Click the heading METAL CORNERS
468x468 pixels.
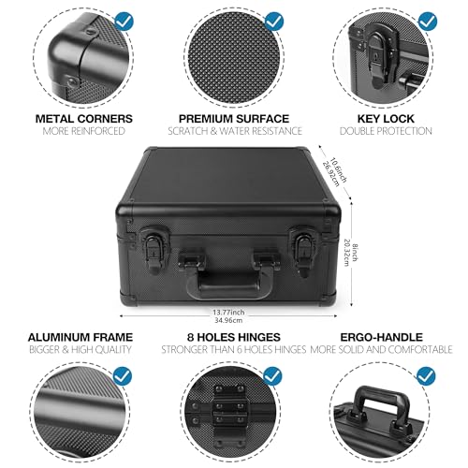pyautogui.click(x=84, y=119)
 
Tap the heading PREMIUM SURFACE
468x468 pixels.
pyautogui.click(x=234, y=119)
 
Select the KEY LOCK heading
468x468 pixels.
pyautogui.click(x=386, y=119)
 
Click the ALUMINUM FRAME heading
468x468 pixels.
pyautogui.click(x=80, y=337)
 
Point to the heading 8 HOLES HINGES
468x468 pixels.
pyautogui.click(x=234, y=337)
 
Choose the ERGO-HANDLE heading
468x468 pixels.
pyautogui.click(x=381, y=337)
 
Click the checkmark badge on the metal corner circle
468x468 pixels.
pyautogui.click(x=124, y=22)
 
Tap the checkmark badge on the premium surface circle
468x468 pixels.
pyautogui.click(x=273, y=22)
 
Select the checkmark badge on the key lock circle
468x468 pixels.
pyautogui.click(x=428, y=22)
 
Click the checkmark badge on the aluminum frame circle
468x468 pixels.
pyautogui.click(x=123, y=375)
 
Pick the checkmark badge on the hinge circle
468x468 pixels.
pyautogui.click(x=272, y=375)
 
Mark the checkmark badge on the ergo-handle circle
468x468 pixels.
pyautogui.click(x=426, y=375)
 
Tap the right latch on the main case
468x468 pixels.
pyautogui.click(x=302, y=252)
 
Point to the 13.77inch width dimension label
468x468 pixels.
pyautogui.click(x=228, y=312)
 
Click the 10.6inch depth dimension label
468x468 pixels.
pyautogui.click(x=339, y=169)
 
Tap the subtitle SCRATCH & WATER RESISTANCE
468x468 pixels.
pyautogui.click(x=235, y=131)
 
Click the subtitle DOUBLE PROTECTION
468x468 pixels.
pyautogui.click(x=386, y=131)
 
